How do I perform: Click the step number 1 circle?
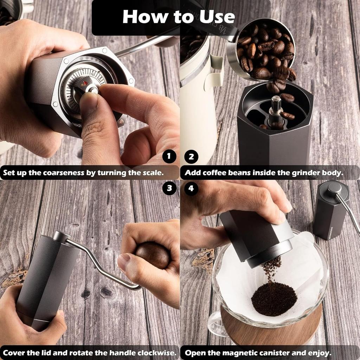[169, 157]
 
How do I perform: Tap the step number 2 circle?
[191, 157]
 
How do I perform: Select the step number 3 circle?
[169, 188]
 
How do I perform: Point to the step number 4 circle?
[191, 188]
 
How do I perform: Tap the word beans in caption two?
[252, 173]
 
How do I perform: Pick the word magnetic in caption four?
[257, 353]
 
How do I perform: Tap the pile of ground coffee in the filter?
[274, 299]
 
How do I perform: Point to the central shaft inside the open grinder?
[275, 111]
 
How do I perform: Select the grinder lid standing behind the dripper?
[330, 211]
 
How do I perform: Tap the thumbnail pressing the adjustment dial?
[89, 102]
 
